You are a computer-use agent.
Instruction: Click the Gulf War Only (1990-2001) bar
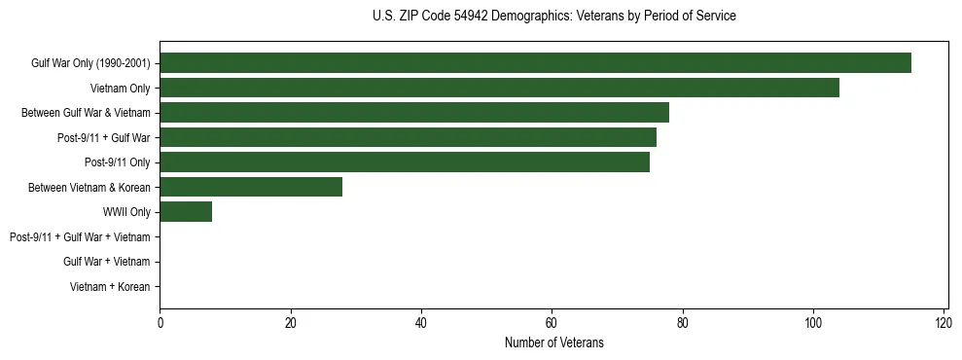coord(535,63)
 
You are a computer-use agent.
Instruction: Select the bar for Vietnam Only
coord(499,89)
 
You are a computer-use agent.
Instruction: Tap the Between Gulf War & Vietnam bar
coord(413,113)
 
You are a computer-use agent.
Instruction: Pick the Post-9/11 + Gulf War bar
coord(408,137)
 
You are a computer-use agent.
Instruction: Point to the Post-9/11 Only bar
coord(404,162)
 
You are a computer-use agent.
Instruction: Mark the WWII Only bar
coord(186,212)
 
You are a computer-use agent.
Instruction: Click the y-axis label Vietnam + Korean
coord(110,287)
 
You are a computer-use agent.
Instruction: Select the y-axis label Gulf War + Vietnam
coord(106,262)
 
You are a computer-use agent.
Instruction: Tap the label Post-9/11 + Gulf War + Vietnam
coord(80,237)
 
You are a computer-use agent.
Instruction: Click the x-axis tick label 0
coord(160,322)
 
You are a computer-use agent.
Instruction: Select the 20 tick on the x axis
coord(290,322)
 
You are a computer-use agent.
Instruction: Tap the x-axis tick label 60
coord(552,322)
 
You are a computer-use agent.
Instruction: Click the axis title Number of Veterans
coord(553,342)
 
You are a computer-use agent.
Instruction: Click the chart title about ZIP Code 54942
coord(553,16)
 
